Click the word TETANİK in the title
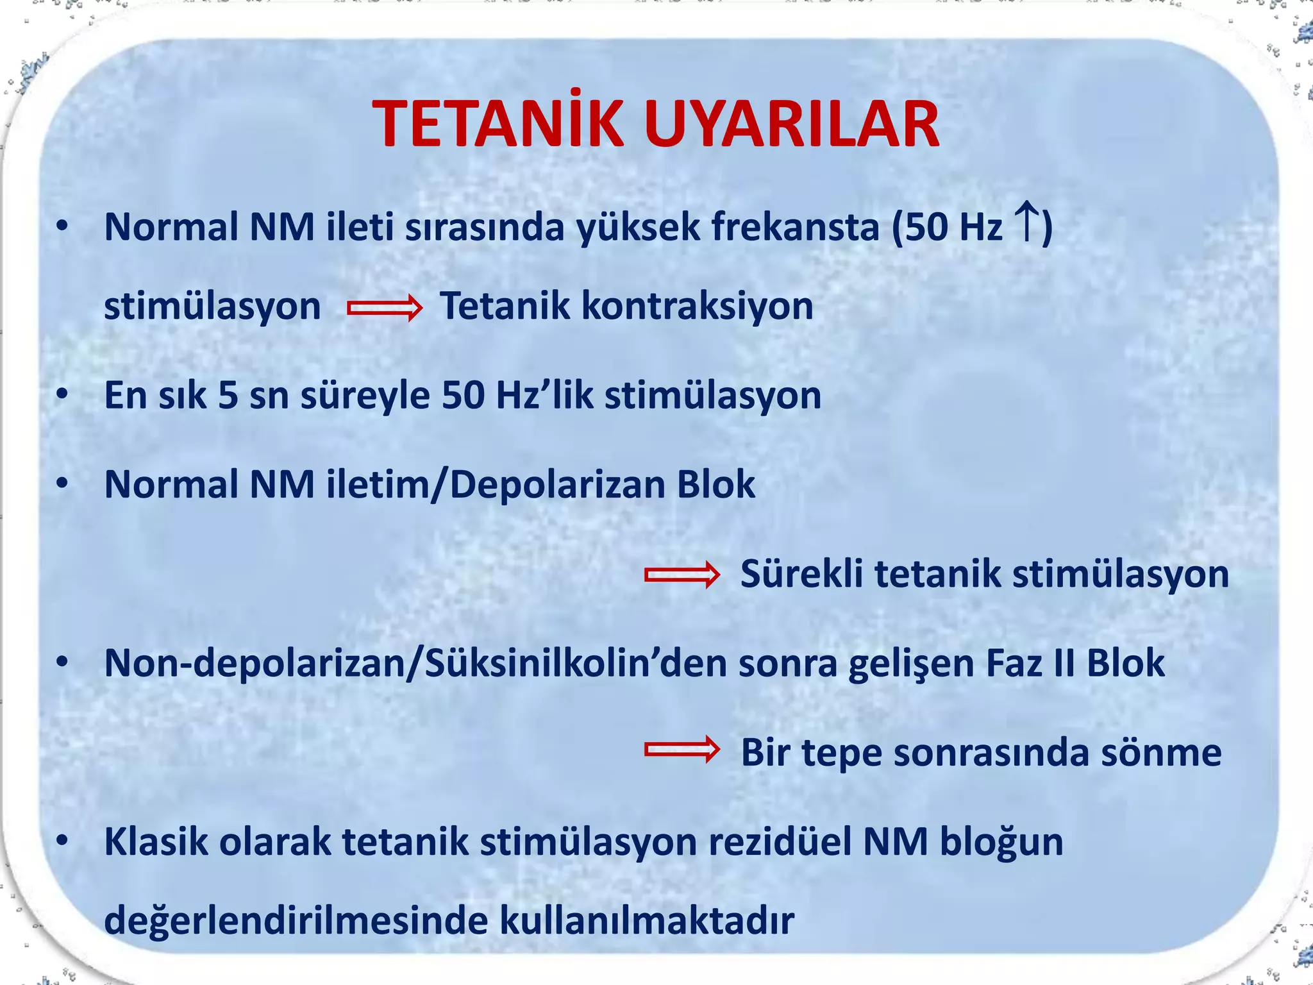(x=498, y=124)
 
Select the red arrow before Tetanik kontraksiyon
(x=384, y=309)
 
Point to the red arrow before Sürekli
(x=682, y=575)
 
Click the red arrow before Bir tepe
(x=682, y=750)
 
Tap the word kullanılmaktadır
(x=646, y=921)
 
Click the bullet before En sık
(x=62, y=395)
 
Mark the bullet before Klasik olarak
(x=62, y=841)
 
